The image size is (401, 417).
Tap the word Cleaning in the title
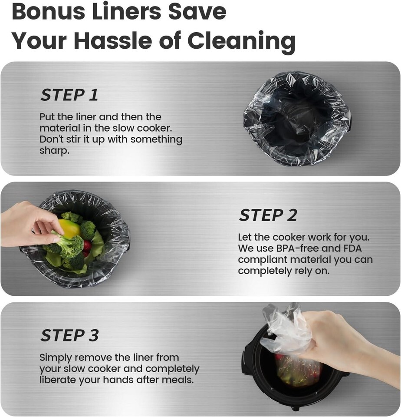241,41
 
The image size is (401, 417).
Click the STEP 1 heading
69,95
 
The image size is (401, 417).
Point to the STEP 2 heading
268,215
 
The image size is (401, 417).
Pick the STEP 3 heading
69,335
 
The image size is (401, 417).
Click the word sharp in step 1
54,151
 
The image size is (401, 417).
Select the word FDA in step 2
352,248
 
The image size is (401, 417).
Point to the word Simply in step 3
56,358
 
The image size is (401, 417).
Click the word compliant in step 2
263,260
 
